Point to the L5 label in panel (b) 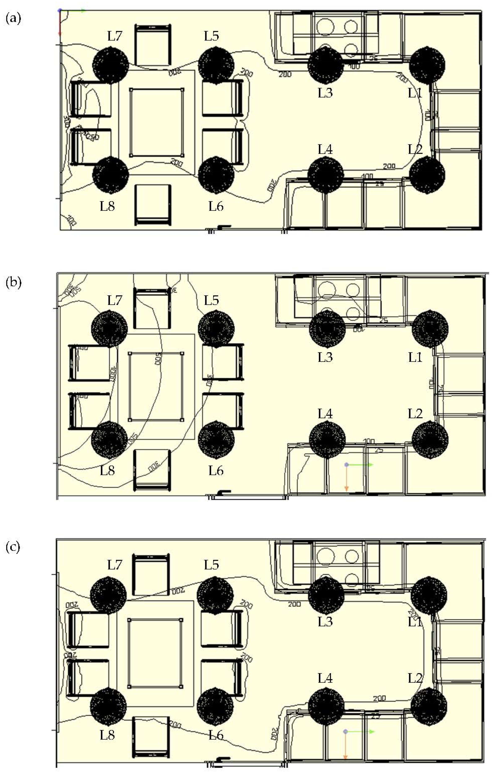coord(211,300)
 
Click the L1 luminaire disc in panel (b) coord(430,329)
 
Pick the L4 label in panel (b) coord(325,414)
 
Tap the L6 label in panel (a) coord(216,206)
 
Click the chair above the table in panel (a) coord(153,45)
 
